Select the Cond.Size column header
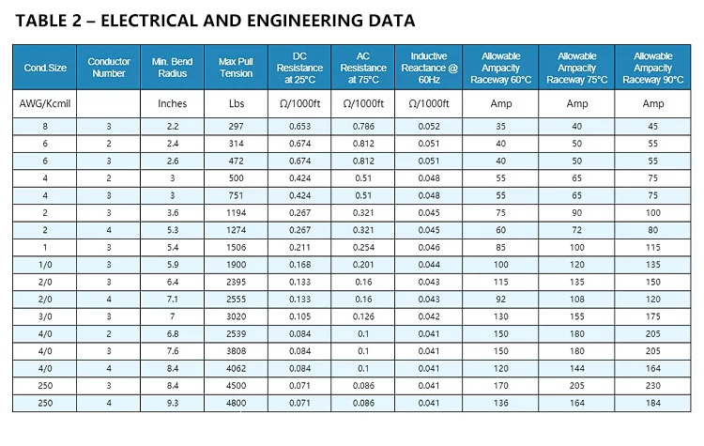pyautogui.click(x=45, y=68)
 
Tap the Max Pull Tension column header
pyautogui.click(x=236, y=68)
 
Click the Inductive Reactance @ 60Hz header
pyautogui.click(x=429, y=68)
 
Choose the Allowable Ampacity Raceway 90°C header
pyautogui.click(x=652, y=68)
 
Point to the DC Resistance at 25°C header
pyautogui.click(x=300, y=68)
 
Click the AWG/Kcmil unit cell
pyautogui.click(x=45, y=103)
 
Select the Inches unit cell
pyautogui.click(x=172, y=103)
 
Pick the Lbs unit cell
pyautogui.click(x=236, y=103)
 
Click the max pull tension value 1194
pyautogui.click(x=236, y=213)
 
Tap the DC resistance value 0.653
pyautogui.click(x=300, y=126)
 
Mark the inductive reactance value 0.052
pyautogui.click(x=429, y=126)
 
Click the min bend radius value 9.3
pyautogui.click(x=172, y=404)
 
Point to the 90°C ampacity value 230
pyautogui.click(x=652, y=386)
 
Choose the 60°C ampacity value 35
pyautogui.click(x=500, y=126)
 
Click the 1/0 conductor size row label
pyautogui.click(x=45, y=265)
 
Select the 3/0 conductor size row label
pyautogui.click(x=45, y=316)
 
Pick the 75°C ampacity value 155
pyautogui.click(x=576, y=316)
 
